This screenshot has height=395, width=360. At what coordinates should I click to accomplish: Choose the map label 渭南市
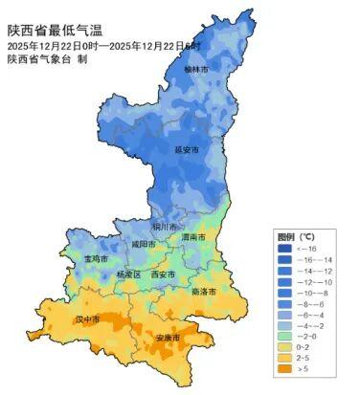[193, 236]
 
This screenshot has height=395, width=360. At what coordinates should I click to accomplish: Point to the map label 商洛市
[204, 291]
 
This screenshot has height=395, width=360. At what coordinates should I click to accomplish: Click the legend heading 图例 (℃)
[296, 235]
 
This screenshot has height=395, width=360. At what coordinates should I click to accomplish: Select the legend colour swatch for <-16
[285, 249]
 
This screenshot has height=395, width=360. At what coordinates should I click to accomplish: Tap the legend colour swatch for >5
[285, 368]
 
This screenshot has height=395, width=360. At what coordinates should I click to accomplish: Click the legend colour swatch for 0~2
[285, 346]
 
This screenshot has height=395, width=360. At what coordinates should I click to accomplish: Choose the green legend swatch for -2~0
[285, 336]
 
